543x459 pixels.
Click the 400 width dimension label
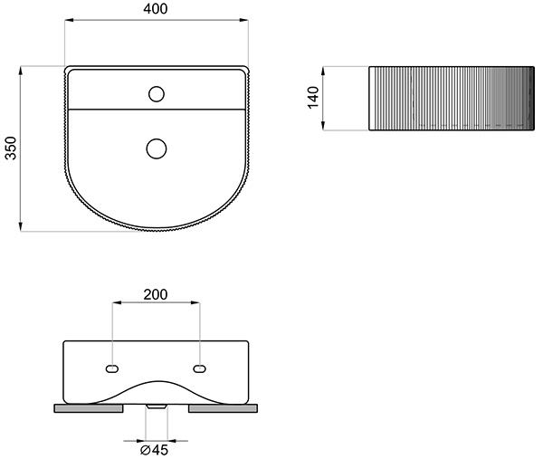pos(156,9)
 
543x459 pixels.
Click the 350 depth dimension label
pos(11,148)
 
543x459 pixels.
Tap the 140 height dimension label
pos(313,98)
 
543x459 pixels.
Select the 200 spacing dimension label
pos(156,294)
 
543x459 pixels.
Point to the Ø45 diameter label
pos(154,450)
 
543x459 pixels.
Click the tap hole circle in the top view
pos(157,94)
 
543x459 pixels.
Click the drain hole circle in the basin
pos(157,148)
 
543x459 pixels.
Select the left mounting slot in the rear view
pos(112,369)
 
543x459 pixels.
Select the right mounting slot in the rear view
pos(199,369)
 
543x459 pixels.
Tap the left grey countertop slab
pos(89,408)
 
